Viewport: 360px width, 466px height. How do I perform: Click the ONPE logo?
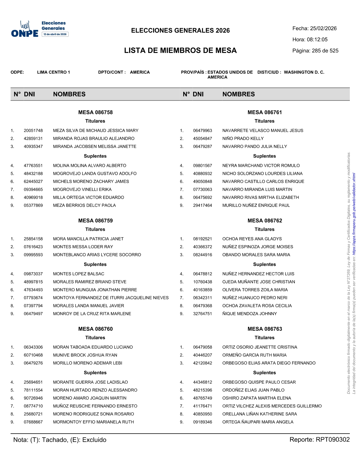25,30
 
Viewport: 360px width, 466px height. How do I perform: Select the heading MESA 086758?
95,112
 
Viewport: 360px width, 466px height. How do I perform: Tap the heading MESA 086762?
265,221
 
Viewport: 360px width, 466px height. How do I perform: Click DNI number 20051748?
33,130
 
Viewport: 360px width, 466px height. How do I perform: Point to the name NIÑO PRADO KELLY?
243,138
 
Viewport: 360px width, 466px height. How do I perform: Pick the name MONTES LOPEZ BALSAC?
78,274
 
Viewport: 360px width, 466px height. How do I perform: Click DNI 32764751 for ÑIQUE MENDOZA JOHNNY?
202,313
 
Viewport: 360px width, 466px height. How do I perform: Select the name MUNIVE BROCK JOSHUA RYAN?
85,355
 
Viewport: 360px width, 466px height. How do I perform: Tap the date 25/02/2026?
323,29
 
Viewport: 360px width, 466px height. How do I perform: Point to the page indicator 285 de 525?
325,51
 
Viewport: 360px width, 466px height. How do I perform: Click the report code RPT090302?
333,440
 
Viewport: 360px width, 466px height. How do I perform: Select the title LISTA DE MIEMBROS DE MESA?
180,51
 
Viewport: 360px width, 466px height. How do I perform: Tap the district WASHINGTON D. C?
304,72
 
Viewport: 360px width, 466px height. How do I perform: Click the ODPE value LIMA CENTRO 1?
53,72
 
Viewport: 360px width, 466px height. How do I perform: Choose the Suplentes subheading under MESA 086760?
95,373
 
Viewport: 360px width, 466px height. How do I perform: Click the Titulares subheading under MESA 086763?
264,338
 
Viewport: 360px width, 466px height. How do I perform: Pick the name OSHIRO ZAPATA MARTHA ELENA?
256,398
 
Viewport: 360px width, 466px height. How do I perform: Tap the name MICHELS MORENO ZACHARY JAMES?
91,181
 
